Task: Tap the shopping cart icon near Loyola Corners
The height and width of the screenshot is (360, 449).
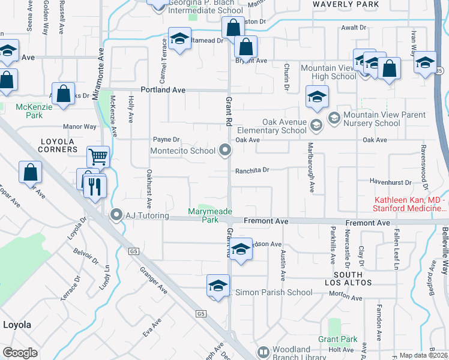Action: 98,157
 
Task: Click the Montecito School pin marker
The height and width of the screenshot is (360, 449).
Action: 226,151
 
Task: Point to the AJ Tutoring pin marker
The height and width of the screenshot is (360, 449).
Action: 117,215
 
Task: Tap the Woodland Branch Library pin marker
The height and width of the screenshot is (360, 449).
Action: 263,352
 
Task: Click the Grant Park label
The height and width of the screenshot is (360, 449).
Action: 338,339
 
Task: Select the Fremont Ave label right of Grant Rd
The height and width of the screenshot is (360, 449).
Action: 267,221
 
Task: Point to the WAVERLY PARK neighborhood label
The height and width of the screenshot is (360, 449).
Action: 346,4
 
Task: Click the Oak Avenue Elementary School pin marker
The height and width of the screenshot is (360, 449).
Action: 316,125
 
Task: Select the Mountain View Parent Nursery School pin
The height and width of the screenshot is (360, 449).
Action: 334,116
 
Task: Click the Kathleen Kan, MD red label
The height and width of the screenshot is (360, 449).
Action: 411,204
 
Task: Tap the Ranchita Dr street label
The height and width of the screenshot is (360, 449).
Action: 252,170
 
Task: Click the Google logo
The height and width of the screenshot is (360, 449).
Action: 20,353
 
